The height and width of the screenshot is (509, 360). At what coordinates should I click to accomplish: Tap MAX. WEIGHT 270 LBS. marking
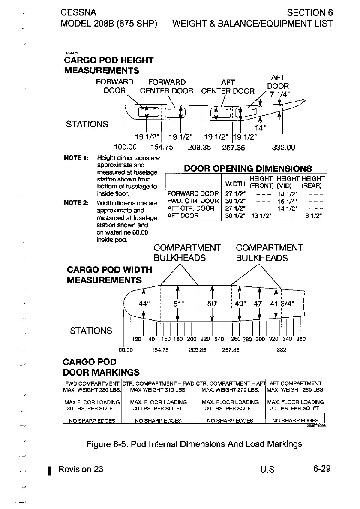coord(230,390)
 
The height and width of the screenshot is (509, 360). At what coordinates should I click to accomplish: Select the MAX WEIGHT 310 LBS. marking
coord(157,390)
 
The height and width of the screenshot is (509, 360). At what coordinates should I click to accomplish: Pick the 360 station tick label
coord(301,339)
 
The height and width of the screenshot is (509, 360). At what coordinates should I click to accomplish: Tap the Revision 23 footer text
coord(81,469)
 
